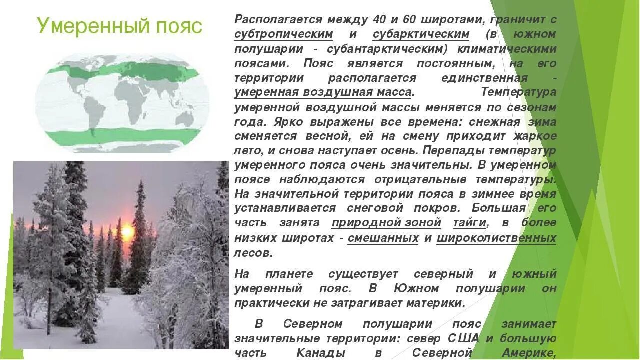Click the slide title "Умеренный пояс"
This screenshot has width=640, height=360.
[x=119, y=26]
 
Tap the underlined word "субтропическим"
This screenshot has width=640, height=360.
[x=283, y=34]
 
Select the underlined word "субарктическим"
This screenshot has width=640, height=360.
[x=421, y=34]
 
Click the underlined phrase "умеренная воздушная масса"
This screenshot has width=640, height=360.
[x=323, y=92]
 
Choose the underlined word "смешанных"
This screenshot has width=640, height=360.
[x=383, y=238]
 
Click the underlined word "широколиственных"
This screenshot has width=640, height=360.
[x=496, y=238]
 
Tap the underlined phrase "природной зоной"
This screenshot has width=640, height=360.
[x=386, y=223]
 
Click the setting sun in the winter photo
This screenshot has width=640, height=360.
[x=127, y=231]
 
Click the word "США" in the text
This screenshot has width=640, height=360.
[x=462, y=338]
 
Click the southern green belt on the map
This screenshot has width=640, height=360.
[x=122, y=136]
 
